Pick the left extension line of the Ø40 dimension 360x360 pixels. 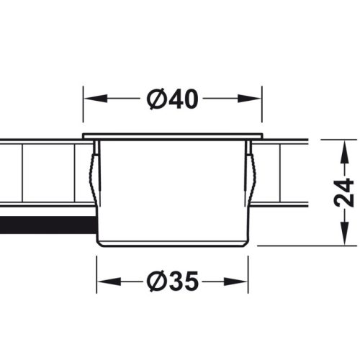click(x=84, y=115)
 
